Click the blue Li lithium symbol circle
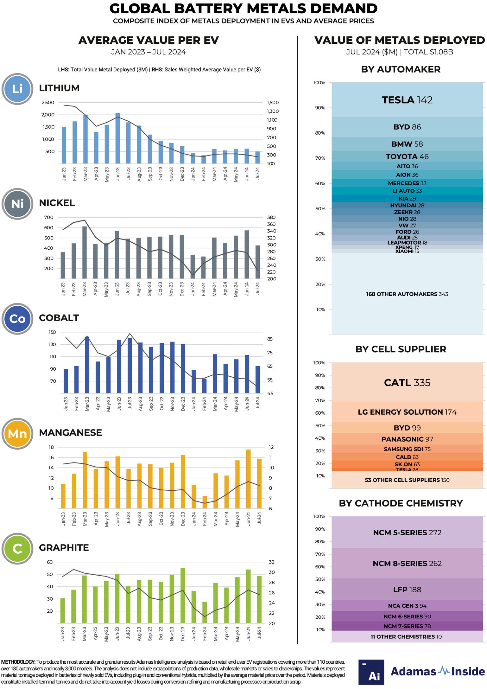[x=17, y=89]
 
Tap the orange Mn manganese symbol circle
[x=17, y=434]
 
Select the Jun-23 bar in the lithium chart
[x=117, y=138]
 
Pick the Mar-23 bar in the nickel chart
[x=85, y=252]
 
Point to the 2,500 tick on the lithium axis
[x=48, y=103]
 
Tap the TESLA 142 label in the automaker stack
[x=407, y=100]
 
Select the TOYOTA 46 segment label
[x=407, y=156]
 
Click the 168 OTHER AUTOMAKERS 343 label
[x=407, y=294]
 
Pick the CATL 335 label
[x=407, y=383]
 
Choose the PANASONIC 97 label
[x=407, y=439]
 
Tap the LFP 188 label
[x=407, y=590]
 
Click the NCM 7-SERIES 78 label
[x=407, y=626]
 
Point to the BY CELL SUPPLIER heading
[x=401, y=349]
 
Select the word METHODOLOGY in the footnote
[x=18, y=662]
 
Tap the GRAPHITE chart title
[x=64, y=548]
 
